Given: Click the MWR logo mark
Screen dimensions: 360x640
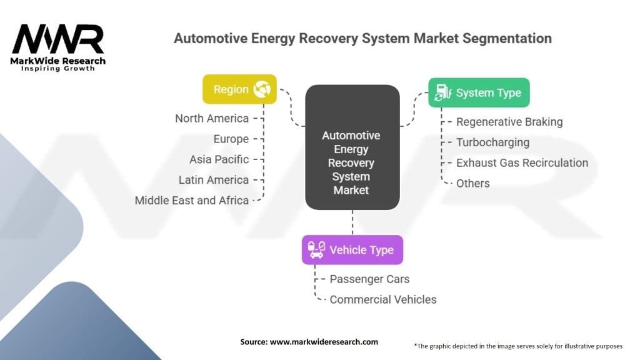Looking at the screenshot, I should [x=58, y=39].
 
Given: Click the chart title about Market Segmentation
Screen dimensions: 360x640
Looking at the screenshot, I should [x=362, y=38].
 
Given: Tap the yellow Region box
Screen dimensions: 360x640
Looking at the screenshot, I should [x=239, y=89].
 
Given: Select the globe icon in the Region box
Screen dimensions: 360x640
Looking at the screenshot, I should [x=261, y=90].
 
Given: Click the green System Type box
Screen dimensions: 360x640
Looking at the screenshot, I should [x=479, y=92].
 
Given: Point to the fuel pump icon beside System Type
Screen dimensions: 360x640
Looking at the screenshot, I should [x=442, y=92].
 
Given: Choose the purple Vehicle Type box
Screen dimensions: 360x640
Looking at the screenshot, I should [x=352, y=250].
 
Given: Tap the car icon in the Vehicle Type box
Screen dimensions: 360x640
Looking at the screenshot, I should [x=316, y=250].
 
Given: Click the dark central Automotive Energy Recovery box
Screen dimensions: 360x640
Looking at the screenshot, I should [x=352, y=147].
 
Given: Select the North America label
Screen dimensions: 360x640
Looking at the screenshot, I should [x=212, y=118].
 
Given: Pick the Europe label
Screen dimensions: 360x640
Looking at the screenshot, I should [x=231, y=139].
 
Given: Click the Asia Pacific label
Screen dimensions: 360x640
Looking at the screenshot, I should [x=219, y=159].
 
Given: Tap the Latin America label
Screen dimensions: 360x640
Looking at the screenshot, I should [x=214, y=180].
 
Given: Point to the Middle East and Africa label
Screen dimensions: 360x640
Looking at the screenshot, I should [x=192, y=201].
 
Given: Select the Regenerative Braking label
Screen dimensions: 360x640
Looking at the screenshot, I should [x=509, y=122].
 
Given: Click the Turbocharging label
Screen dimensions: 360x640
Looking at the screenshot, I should [x=492, y=142].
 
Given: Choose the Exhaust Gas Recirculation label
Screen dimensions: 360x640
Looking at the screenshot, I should [x=522, y=162].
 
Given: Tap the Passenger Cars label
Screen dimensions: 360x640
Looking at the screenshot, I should [x=369, y=279].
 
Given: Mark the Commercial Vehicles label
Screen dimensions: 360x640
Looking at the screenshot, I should [x=383, y=299].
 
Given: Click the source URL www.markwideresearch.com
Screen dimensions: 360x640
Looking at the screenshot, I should [x=324, y=342].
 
